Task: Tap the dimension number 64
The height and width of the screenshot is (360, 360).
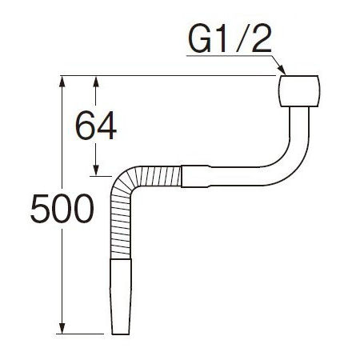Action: click(96, 126)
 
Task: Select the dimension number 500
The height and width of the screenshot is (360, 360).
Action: click(62, 209)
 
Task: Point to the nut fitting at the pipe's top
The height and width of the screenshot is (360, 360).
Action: click(298, 91)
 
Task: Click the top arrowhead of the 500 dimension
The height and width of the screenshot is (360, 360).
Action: click(62, 81)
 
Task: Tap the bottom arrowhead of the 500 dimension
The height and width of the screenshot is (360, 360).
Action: click(62, 329)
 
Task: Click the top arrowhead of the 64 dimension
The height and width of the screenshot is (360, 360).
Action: click(96, 82)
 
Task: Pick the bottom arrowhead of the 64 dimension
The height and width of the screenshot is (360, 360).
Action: click(96, 170)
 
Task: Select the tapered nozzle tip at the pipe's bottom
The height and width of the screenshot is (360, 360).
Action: click(121, 296)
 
